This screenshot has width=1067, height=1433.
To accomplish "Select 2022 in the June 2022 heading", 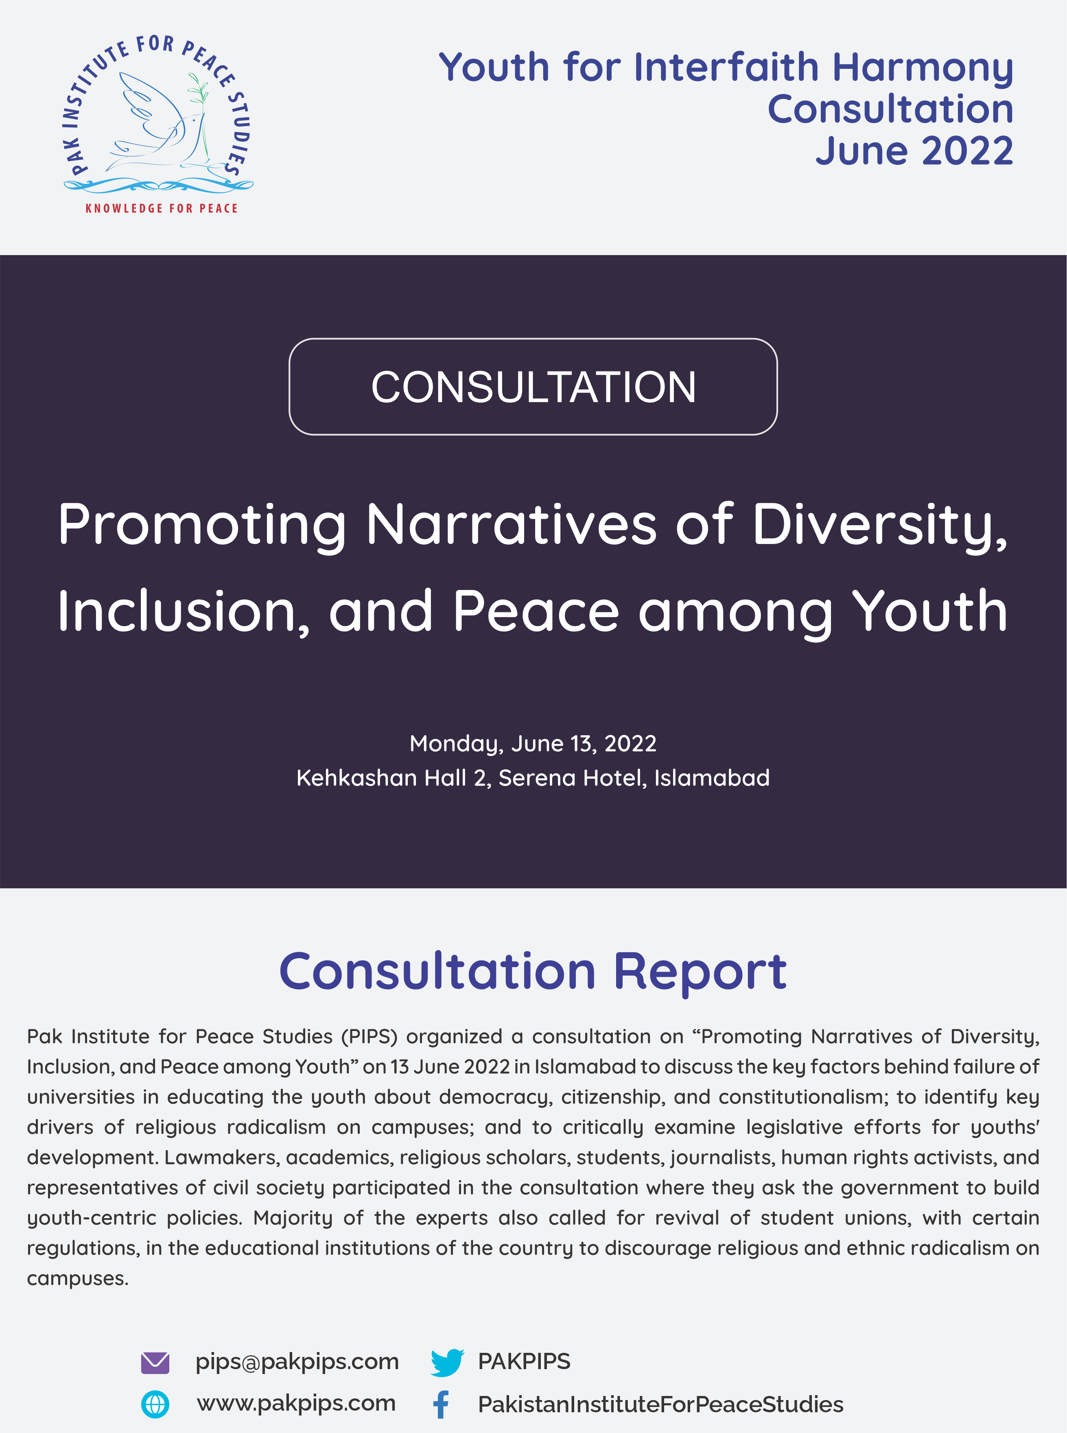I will click(967, 151).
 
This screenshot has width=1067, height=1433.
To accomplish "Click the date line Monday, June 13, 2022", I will click(533, 743).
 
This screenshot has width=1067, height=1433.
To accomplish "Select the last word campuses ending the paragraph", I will click(77, 1278).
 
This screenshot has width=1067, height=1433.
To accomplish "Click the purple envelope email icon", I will click(155, 1363).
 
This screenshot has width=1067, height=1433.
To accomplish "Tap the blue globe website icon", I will click(155, 1405).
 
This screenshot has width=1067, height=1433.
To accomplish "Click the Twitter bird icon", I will click(447, 1363).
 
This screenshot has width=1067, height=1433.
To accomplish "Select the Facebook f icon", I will click(441, 1405).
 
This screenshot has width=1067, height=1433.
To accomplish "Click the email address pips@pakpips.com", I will click(297, 1361).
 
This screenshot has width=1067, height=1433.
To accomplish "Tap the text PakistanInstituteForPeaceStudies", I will click(660, 1405).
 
